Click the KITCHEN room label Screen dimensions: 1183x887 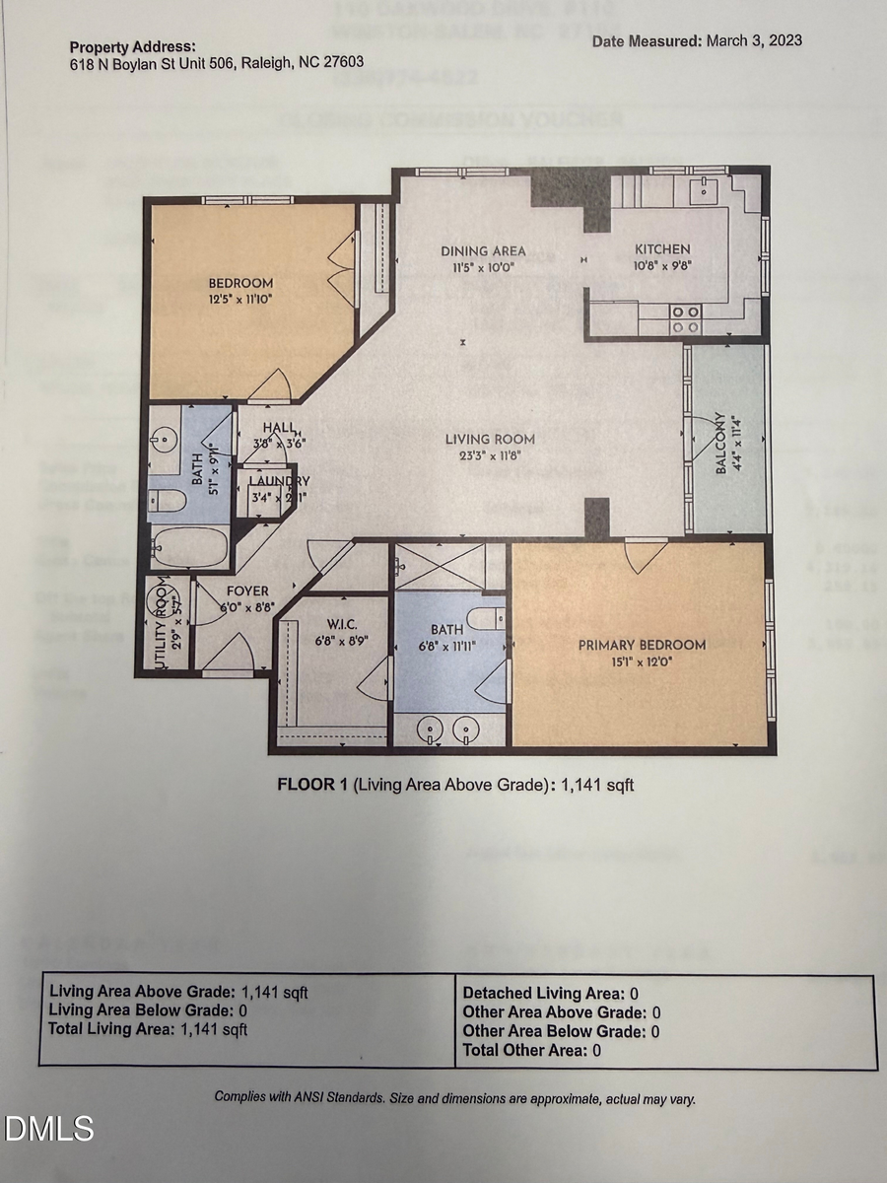pyautogui.click(x=661, y=249)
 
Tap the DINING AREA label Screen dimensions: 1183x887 pyautogui.click(x=483, y=250)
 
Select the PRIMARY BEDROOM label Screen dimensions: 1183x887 pyautogui.click(x=642, y=645)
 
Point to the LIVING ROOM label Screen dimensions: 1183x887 pyautogui.click(x=490, y=439)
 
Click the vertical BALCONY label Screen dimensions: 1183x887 pyautogui.click(x=720, y=443)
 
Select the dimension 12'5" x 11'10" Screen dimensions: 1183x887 pyautogui.click(x=240, y=299)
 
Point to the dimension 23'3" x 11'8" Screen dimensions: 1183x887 pyautogui.click(x=490, y=454)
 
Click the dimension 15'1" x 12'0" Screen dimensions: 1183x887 pyautogui.click(x=642, y=661)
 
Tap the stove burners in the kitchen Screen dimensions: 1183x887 pyautogui.click(x=687, y=317)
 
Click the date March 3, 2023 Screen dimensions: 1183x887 pyautogui.click(x=753, y=40)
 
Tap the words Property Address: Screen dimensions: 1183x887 pyautogui.click(x=132, y=46)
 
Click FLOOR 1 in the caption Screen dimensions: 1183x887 pyautogui.click(x=312, y=785)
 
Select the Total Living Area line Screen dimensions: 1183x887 pyautogui.click(x=148, y=1029)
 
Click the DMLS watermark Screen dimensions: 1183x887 pyautogui.click(x=48, y=1129)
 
